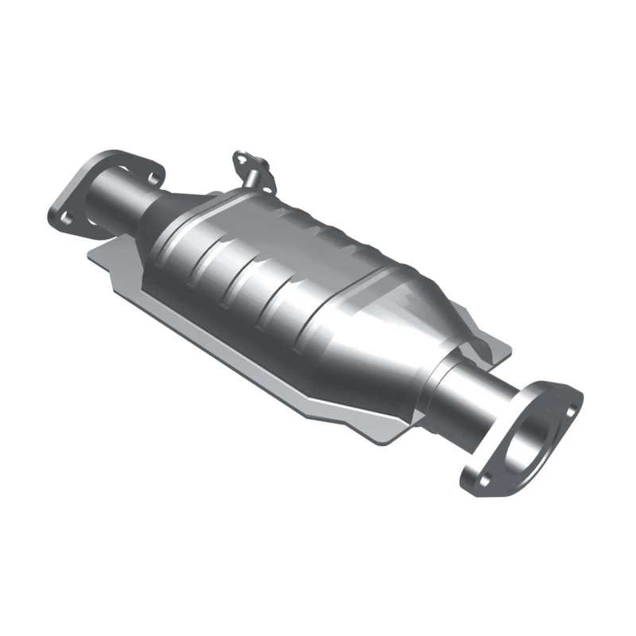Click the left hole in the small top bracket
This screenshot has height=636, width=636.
coord(238,159)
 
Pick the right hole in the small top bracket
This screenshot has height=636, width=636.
coord(262,165)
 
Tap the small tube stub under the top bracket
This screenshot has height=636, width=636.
coord(254,181)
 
